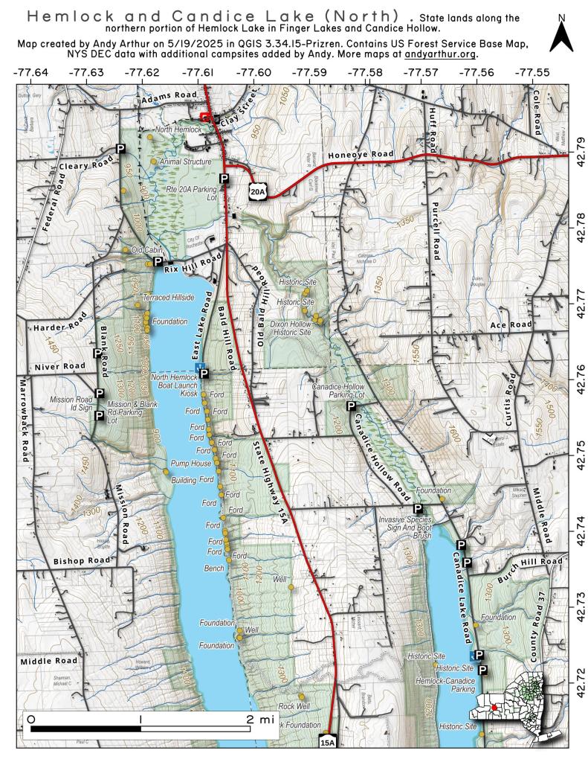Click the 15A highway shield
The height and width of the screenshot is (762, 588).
[x=328, y=741]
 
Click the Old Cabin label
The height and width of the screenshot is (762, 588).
[x=146, y=250]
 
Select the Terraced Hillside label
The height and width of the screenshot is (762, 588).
[x=168, y=297]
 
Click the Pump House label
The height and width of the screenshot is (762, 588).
[x=191, y=463]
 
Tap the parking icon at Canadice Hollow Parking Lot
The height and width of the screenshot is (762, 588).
[x=351, y=406]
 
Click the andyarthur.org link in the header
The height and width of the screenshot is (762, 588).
[x=441, y=54]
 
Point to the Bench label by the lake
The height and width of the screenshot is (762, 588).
[x=213, y=569]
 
